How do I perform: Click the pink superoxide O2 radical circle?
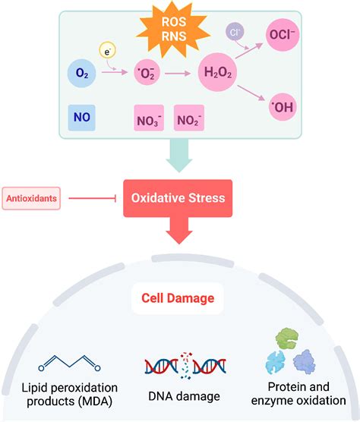[147, 74]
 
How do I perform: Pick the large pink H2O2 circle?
[216, 74]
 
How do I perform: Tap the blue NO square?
[81, 118]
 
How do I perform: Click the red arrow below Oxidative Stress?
[179, 232]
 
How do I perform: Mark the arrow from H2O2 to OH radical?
[251, 92]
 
